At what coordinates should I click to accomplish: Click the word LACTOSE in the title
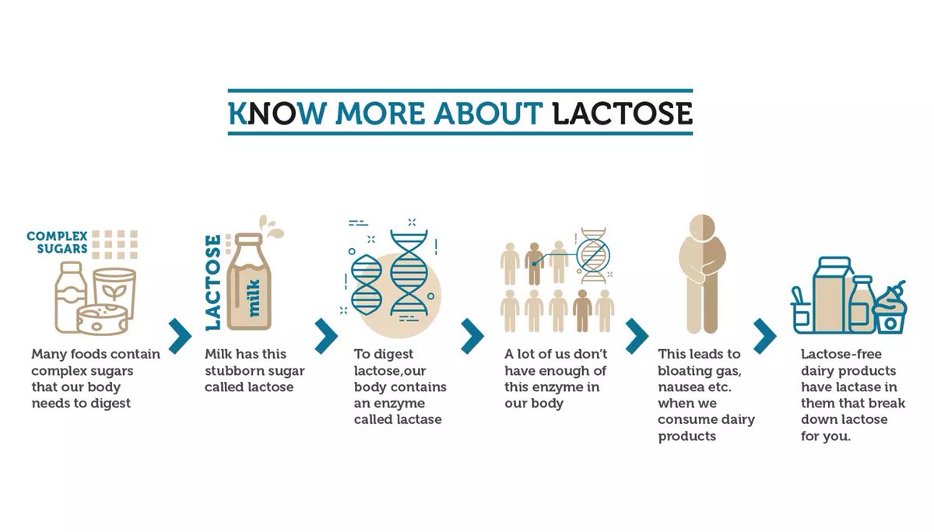pyautogui.click(x=622, y=113)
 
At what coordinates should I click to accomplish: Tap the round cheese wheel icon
pyautogui.click(x=102, y=320)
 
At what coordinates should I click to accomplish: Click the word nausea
pyautogui.click(x=681, y=387)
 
